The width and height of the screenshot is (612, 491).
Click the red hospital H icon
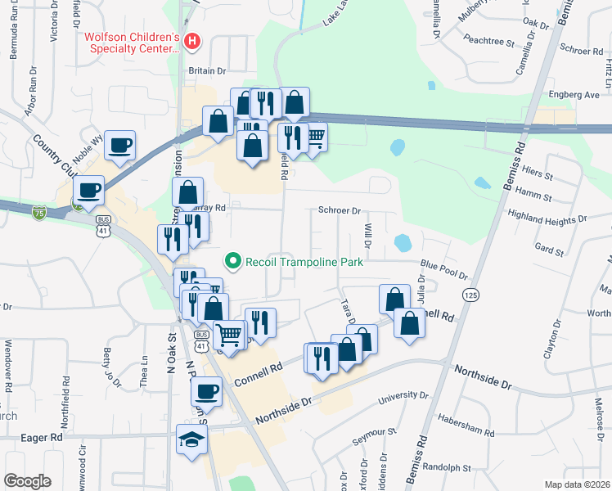click(191, 40)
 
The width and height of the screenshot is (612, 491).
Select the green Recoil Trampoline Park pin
click(233, 262)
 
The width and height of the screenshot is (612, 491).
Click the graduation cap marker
click(191, 439)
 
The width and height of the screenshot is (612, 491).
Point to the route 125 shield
click(470, 294)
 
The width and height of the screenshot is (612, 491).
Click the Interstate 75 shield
click(39, 213)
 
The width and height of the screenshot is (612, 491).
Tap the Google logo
click(26, 481)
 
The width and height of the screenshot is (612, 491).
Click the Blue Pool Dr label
click(443, 269)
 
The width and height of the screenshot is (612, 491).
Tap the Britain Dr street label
click(207, 70)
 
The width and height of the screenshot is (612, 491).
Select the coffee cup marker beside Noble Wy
click(120, 146)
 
